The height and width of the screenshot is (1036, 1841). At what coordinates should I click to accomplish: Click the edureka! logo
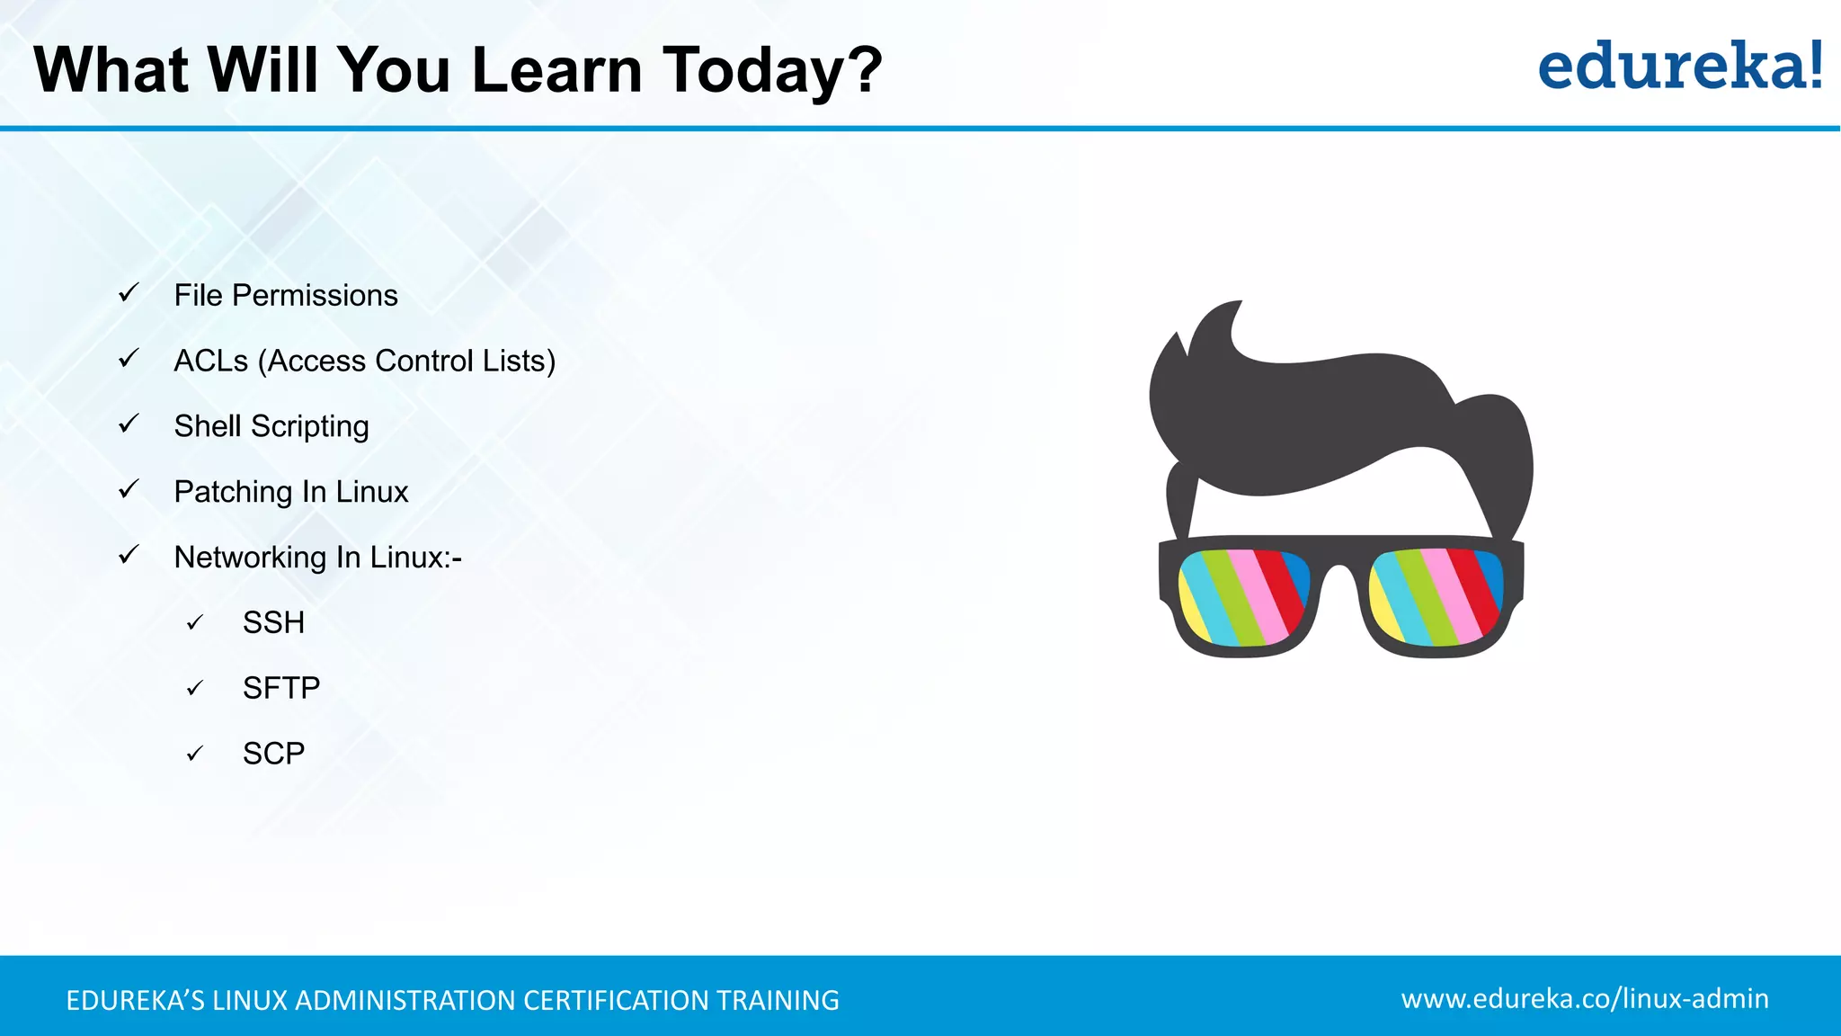coord(1680,67)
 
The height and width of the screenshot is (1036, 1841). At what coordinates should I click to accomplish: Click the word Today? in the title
coord(772,70)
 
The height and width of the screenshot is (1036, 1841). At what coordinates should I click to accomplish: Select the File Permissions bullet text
coord(286,295)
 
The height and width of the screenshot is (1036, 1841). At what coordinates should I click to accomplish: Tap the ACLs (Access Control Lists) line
coord(364,361)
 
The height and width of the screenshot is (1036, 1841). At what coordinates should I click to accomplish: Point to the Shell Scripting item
coord(271,426)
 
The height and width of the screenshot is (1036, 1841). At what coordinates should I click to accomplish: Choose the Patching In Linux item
coord(291,492)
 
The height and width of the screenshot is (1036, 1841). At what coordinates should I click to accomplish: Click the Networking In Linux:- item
coord(317,558)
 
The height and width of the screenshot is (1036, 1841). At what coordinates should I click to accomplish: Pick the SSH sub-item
coord(273,622)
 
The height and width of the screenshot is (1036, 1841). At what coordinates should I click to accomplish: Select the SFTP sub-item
coord(280,688)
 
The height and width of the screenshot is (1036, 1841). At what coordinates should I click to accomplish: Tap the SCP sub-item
coord(273,754)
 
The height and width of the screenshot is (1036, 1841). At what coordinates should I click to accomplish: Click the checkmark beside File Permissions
coord(129,293)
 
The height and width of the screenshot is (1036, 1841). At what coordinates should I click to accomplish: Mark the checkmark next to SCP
coord(195,754)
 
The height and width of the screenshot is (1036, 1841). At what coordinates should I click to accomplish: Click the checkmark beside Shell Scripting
coord(129,424)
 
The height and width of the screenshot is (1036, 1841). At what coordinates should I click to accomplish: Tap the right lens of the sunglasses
coord(1436,597)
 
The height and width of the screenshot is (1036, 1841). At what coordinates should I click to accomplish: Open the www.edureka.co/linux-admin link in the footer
coord(1584,998)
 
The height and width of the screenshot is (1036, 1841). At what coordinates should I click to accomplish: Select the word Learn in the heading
coord(556,70)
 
